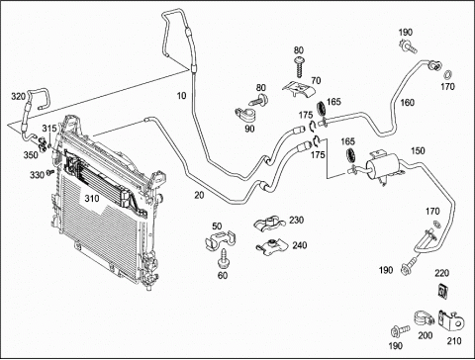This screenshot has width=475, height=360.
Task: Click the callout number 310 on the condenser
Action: (x=92, y=199)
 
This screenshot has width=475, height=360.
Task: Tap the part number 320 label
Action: (x=18, y=97)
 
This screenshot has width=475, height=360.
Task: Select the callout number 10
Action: (x=182, y=96)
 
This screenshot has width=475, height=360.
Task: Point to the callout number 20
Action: (x=199, y=195)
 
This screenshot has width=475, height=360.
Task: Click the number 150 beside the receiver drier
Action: (x=418, y=150)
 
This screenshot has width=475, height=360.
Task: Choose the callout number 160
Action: (x=407, y=103)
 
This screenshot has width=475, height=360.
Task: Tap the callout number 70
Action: (x=316, y=80)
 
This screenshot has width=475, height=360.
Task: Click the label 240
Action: (x=299, y=245)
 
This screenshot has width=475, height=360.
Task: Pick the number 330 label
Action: (x=37, y=175)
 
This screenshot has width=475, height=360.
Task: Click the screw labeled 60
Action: (x=224, y=259)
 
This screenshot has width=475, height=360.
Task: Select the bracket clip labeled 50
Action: (x=220, y=239)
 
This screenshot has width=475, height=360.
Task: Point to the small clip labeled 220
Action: (x=442, y=290)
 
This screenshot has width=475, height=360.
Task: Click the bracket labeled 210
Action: (x=450, y=320)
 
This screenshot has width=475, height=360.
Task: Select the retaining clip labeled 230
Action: (x=269, y=224)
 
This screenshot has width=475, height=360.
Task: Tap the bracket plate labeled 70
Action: (x=299, y=89)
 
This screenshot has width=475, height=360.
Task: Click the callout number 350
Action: (x=31, y=155)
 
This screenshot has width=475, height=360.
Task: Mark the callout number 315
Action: (x=49, y=129)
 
